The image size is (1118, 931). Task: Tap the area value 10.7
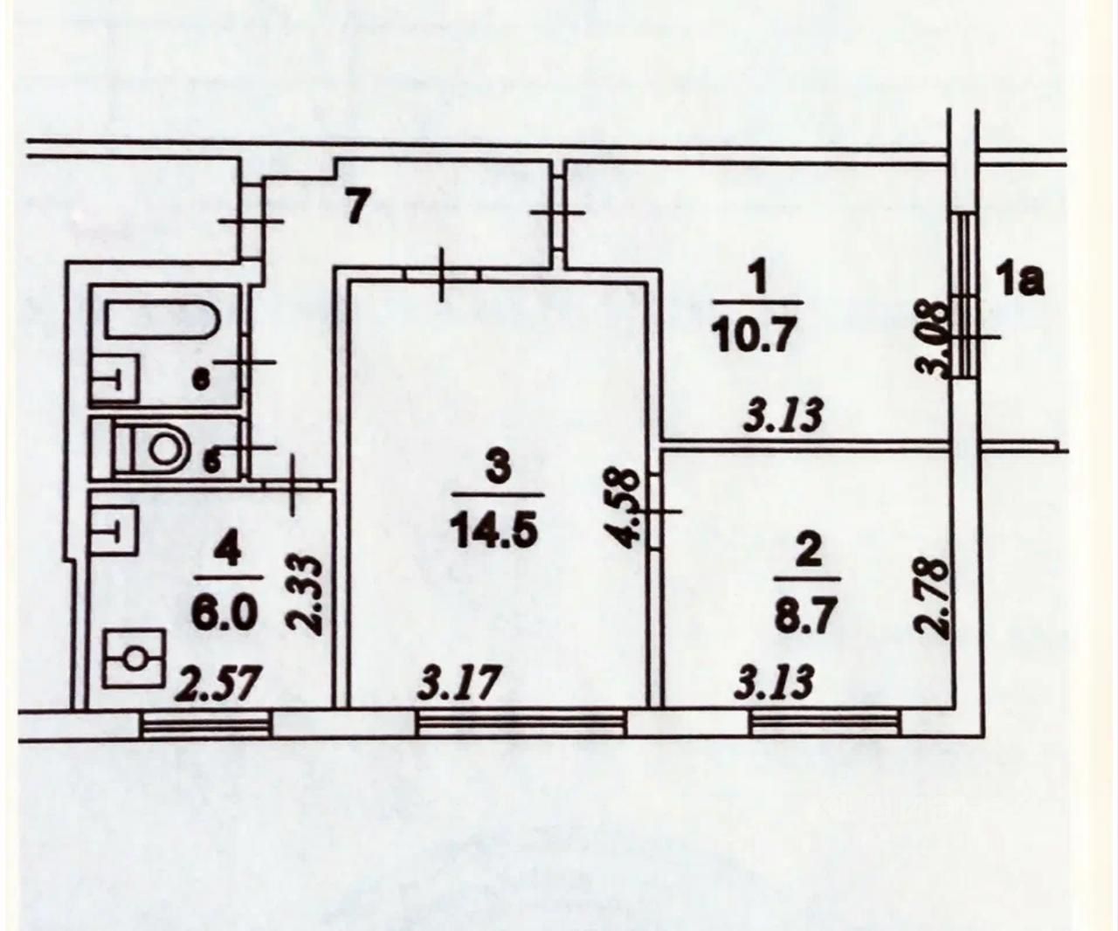755,335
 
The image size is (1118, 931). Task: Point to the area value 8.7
808,614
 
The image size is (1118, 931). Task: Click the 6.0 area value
225,613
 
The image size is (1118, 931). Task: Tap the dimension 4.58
627,510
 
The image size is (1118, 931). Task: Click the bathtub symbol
162,320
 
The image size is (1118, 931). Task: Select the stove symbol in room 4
134,658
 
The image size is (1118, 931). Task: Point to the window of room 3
521,723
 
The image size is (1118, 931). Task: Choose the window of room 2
824,723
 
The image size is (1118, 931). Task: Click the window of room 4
205,724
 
